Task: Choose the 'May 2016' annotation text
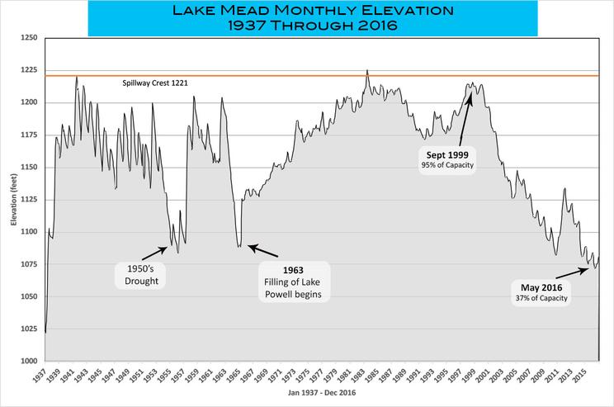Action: point(541,286)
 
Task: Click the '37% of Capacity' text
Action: point(541,298)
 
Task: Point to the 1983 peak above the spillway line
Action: point(367,72)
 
